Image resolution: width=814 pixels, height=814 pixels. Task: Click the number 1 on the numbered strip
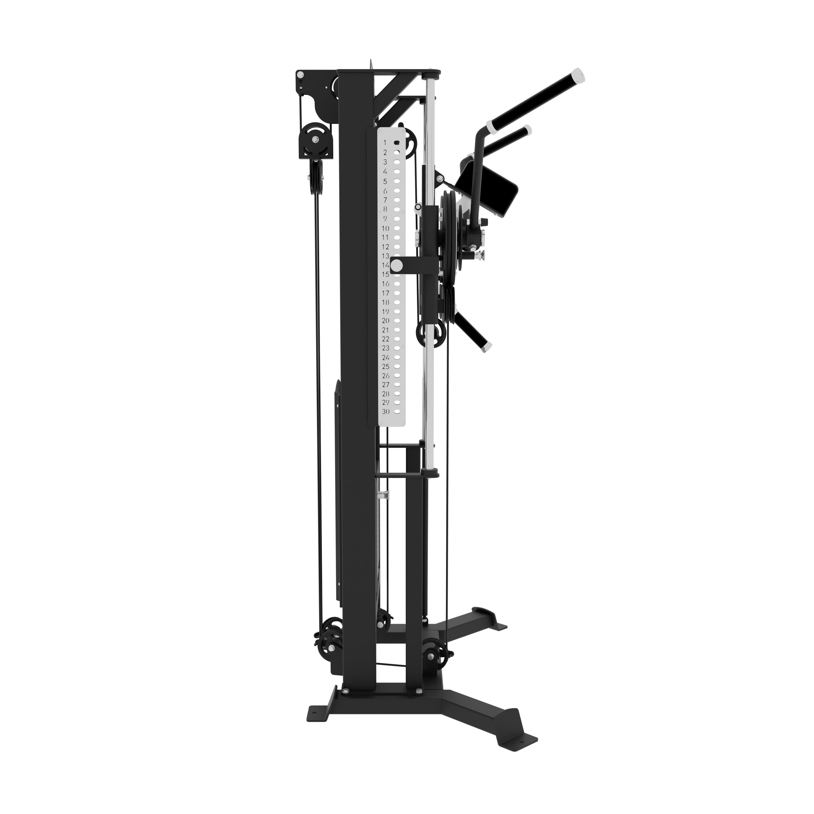(385, 143)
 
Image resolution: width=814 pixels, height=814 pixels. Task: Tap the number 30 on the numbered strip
(386, 412)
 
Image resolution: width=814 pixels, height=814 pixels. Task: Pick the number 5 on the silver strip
(385, 182)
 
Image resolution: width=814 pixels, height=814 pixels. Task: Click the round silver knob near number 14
(396, 265)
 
